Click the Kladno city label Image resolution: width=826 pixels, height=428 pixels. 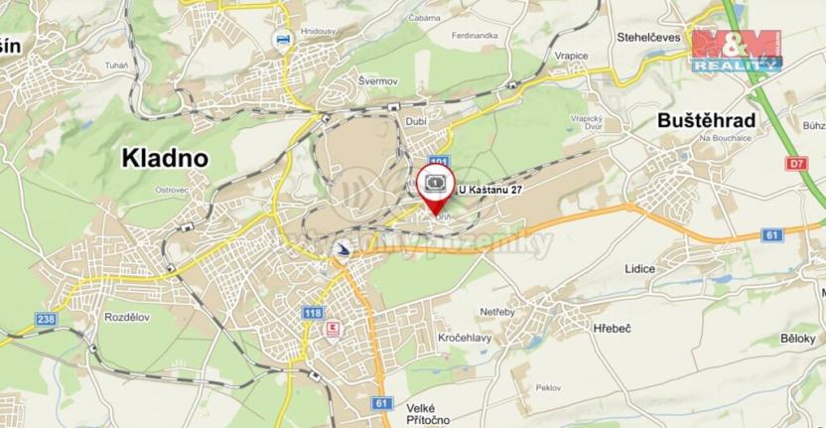(164, 157)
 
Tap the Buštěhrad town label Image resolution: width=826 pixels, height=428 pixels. (707, 121)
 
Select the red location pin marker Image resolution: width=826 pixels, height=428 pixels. (434, 189)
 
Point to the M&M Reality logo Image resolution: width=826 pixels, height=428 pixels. (737, 50)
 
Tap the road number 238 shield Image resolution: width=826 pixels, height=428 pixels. (45, 319)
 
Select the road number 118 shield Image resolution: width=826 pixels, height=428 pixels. (313, 313)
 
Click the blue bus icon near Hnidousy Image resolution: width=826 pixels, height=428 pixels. (283, 39)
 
